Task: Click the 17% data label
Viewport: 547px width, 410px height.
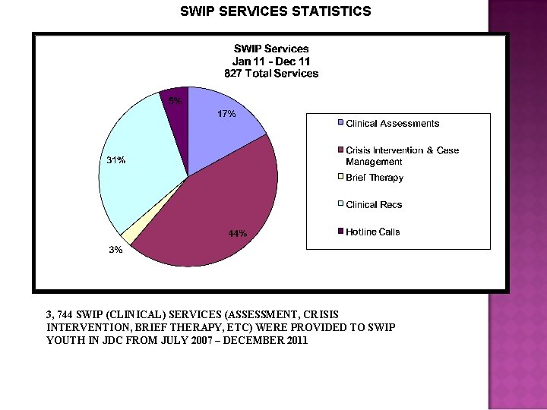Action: click(226, 114)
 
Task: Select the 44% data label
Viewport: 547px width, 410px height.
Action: click(237, 234)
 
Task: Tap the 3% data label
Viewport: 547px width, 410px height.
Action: click(115, 250)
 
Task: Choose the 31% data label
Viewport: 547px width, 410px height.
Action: click(116, 160)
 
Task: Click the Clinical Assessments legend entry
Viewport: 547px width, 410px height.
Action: click(392, 123)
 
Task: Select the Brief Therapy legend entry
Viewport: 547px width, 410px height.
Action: click(375, 178)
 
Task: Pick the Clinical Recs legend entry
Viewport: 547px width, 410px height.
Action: click(374, 205)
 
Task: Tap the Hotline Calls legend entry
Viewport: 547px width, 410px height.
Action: click(372, 232)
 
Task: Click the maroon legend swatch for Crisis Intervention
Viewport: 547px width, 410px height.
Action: click(342, 150)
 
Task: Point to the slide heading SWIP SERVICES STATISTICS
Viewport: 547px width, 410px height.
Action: click(276, 11)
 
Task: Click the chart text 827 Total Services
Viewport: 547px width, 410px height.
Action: click(271, 74)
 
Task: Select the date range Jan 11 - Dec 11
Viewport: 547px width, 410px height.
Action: click(271, 61)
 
